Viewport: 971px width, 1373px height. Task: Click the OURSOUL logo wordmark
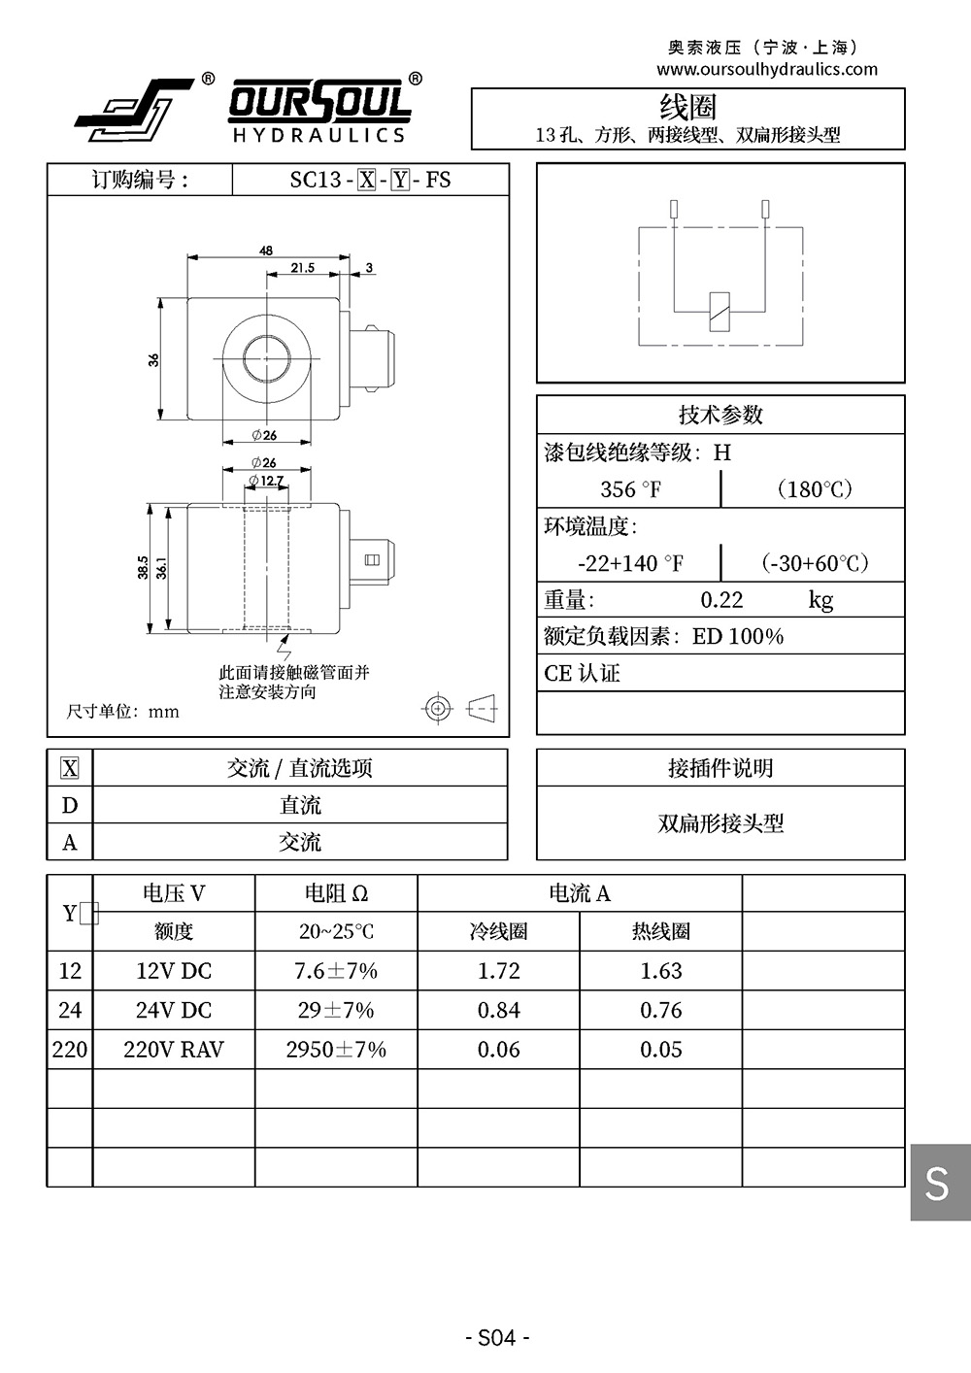pos(319,101)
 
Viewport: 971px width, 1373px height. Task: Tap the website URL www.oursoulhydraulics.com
pos(766,69)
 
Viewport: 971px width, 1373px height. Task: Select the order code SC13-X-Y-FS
pos(370,180)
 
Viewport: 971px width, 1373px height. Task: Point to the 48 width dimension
pos(266,250)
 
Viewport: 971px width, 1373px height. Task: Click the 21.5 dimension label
pos(302,268)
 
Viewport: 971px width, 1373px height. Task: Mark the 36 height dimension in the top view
pos(153,359)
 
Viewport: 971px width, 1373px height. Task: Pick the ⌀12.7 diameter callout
pos(267,481)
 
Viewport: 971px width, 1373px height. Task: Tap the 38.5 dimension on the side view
pos(143,567)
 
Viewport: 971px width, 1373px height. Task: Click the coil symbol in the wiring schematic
pos(720,311)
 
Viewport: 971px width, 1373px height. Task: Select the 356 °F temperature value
pos(630,489)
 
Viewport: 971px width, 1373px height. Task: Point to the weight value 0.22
pos(721,600)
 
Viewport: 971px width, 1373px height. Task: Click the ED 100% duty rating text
pos(738,637)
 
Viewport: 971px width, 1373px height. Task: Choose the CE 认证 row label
pos(582,674)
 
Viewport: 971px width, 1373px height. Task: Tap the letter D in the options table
pos(70,806)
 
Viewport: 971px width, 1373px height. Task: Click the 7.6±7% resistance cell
pos(336,971)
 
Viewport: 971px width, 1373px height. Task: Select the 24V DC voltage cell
pos(174,1010)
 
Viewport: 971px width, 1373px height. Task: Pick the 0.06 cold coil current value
pos(498,1050)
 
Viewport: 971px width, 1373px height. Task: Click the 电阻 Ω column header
pos(336,893)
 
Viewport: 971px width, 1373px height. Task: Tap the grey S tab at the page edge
pos(938,1182)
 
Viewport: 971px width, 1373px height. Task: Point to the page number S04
pos(497,1337)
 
